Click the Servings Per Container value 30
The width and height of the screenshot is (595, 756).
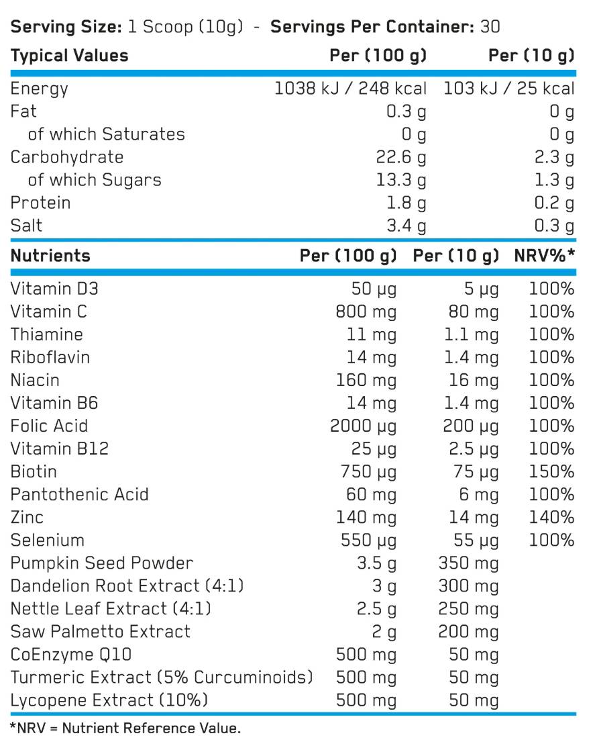point(490,27)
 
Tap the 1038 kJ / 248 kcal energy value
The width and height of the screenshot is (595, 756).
point(350,89)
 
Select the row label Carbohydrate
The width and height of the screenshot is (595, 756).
point(67,157)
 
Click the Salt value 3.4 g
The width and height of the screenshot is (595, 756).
point(407,226)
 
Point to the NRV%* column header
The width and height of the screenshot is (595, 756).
point(545,256)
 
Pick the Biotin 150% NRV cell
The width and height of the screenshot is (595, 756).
point(551,472)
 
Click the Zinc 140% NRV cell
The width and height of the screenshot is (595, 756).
point(551,518)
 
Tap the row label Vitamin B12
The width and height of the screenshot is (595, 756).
point(60,448)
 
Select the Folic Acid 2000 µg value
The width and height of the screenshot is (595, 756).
point(363,426)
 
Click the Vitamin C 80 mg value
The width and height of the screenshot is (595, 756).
point(474,312)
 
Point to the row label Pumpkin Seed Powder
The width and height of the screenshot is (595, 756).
point(102,563)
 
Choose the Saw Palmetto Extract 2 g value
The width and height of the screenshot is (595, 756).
point(384,632)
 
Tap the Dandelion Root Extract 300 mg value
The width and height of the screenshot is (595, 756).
point(468,586)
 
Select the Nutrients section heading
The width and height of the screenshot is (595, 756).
point(50,256)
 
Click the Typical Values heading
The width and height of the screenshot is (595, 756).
point(70,56)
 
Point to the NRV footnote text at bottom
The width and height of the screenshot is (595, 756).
point(125,728)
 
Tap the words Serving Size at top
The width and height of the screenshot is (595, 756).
point(66,27)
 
